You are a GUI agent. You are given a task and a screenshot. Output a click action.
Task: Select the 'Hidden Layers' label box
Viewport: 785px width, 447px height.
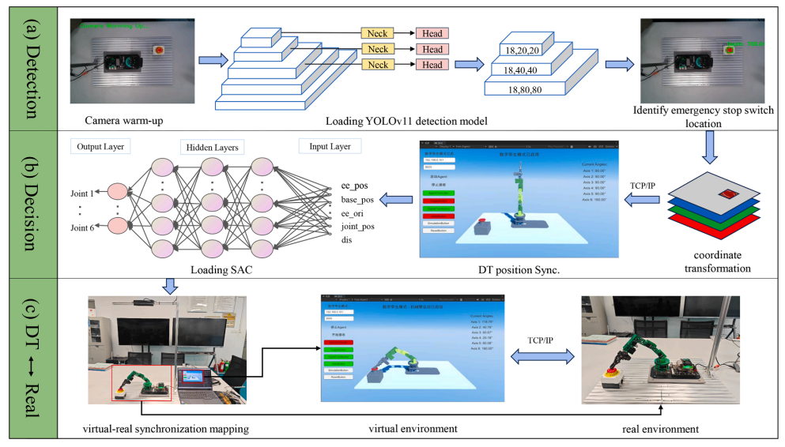[213, 148]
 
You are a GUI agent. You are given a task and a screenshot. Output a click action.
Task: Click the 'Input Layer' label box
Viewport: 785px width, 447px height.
[330, 146]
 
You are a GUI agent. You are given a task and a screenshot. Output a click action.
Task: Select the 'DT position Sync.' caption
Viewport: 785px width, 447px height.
[518, 270]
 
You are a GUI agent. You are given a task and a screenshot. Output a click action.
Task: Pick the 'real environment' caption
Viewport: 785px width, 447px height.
[660, 429]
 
